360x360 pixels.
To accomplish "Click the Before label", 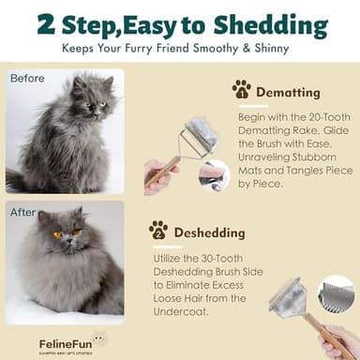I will coord(27,79).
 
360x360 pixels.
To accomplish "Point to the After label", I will coord(23,212).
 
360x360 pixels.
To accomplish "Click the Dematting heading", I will coord(288,92).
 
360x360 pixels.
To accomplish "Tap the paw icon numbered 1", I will coord(242,90).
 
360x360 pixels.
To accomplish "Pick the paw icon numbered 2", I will coord(158,230).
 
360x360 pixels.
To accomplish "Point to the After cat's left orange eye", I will coord(57,234).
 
